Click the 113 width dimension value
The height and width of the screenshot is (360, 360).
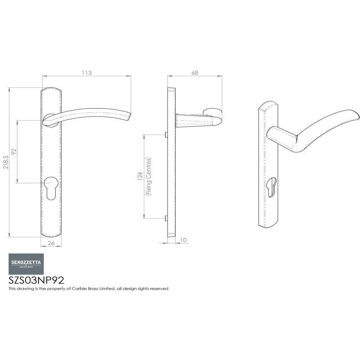tap(87, 73)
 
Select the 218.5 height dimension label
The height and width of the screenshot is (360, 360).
tap(5, 163)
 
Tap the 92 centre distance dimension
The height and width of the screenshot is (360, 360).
tap(14, 152)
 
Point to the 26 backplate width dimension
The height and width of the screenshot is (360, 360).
tap(51, 243)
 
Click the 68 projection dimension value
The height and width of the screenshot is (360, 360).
tap(194, 73)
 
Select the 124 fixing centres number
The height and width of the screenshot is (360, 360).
tap(140, 176)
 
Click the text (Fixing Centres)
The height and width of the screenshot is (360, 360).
tap(148, 176)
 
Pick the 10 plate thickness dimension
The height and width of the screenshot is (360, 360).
tap(184, 240)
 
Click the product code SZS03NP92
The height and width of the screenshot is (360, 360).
tap(36, 280)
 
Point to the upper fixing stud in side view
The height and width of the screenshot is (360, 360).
tap(166, 135)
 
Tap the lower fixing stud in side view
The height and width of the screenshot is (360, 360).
tap(166, 218)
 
